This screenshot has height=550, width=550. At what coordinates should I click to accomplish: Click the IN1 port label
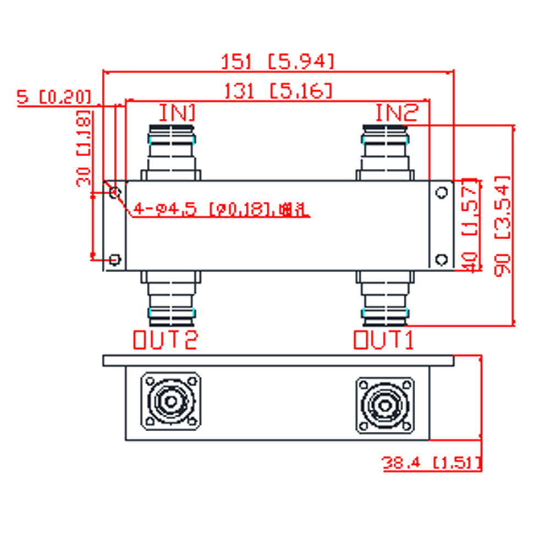coord(177,113)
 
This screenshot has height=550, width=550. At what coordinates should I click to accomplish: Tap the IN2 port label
coord(397,113)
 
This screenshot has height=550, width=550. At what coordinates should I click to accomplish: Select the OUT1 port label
coord(383,340)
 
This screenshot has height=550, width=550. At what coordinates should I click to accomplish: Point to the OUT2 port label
coord(165,340)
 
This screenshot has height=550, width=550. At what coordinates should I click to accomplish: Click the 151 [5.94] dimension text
coord(278,61)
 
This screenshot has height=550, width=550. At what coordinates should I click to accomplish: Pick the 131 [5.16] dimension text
coord(278,91)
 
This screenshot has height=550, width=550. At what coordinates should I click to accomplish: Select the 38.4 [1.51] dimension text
coord(432,464)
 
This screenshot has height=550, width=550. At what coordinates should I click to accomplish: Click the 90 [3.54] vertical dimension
coord(502,226)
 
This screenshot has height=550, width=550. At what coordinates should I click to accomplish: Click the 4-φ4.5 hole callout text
coord(220,210)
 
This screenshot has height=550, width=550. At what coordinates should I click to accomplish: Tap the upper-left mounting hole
coord(115,193)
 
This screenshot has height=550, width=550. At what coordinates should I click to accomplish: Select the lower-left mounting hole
coord(115,259)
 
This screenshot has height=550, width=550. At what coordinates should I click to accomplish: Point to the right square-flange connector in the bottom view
coord(385,405)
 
